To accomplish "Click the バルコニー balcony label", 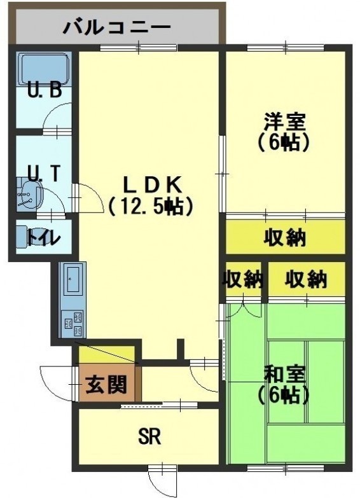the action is click(117, 27).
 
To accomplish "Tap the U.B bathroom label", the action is click(44, 90).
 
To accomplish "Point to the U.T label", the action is click(43, 173).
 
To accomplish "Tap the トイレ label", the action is click(43, 238).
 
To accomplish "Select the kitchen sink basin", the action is click(74, 279).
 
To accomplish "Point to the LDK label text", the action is click(152, 186).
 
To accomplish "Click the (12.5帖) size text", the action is click(151, 206).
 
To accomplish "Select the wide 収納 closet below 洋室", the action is click(286, 237).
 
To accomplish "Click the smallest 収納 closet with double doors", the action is click(244, 279).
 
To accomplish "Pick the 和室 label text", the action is click(285, 375).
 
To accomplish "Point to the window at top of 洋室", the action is click(286, 47).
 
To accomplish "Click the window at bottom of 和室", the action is click(286, 468).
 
